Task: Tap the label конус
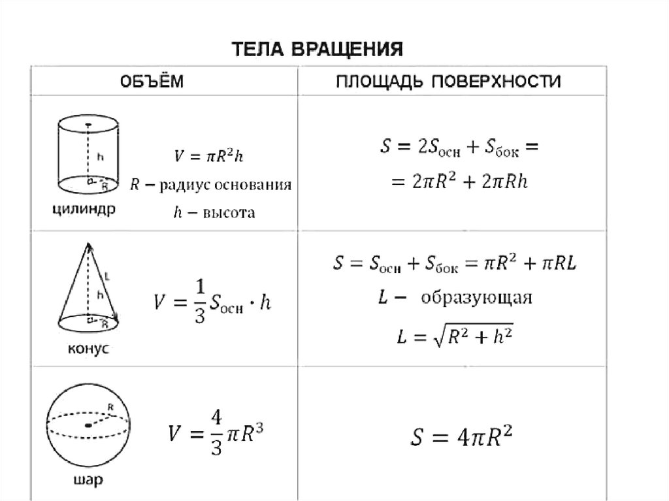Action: [88, 349]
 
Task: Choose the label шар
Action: [89, 483]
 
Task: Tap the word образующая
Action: [476, 299]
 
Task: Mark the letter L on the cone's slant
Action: [106, 277]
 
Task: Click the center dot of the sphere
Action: [88, 425]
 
